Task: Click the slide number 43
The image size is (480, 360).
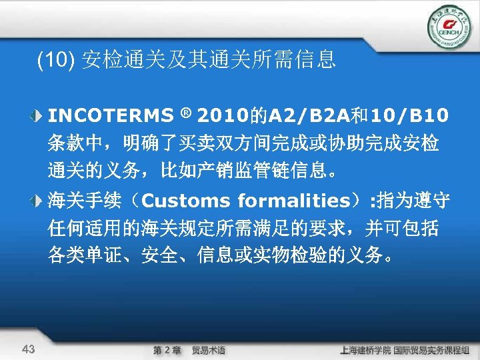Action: [29, 349]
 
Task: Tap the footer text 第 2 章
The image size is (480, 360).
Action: [167, 350]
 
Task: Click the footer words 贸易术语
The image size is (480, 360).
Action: [209, 350]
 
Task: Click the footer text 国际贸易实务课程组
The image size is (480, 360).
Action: [436, 350]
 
